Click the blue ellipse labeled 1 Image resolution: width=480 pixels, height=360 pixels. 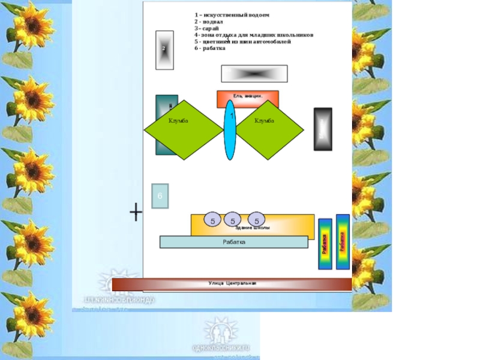[x=230, y=130]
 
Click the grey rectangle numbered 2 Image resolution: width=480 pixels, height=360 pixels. [x=164, y=50]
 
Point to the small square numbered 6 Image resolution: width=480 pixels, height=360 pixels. [x=160, y=196]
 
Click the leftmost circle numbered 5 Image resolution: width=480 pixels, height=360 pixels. [x=212, y=221]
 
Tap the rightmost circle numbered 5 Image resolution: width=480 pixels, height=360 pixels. [x=256, y=221]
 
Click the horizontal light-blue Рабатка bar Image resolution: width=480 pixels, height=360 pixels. [x=234, y=242]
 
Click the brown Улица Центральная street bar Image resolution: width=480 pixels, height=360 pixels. [x=232, y=284]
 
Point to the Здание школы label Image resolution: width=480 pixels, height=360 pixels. [x=253, y=229]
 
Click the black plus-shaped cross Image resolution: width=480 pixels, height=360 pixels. [x=136, y=212]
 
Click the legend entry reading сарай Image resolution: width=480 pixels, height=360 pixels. [x=206, y=28]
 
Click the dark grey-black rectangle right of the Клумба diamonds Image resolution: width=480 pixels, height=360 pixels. [x=323, y=129]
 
